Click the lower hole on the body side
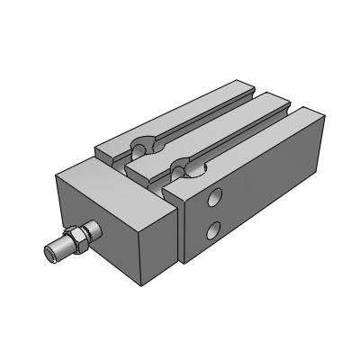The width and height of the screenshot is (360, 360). pos(211,232)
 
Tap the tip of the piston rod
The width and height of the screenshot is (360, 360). pos(52,255)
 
